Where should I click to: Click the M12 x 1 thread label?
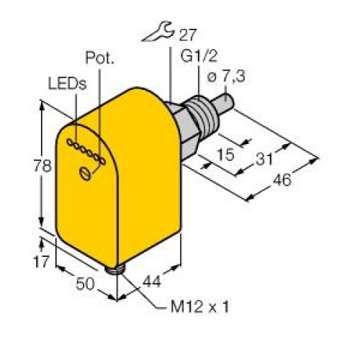[x=202, y=309]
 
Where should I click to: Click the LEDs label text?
[x=66, y=84]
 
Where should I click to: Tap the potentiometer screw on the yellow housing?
[x=86, y=171]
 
